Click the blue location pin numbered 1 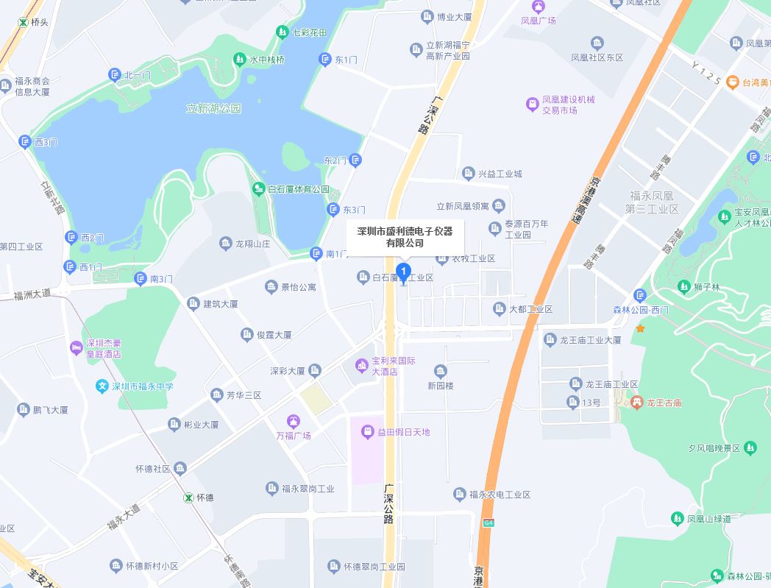pos(403,272)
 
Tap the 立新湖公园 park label pos(213,109)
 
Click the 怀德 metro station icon pos(188,497)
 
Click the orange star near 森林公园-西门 pos(640,328)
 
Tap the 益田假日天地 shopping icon pos(366,432)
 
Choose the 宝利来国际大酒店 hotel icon pos(361,364)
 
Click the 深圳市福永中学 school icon pos(102,386)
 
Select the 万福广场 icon pos(293,421)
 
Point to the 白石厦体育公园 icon pos(258,189)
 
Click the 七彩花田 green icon pos(283,32)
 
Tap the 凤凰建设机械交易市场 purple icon pos(532,105)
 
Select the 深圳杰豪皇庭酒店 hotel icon pos(76,347)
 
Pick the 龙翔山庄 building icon pos(226,244)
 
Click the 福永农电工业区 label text pos(500,495)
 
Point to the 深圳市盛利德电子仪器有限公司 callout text pos(405,237)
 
